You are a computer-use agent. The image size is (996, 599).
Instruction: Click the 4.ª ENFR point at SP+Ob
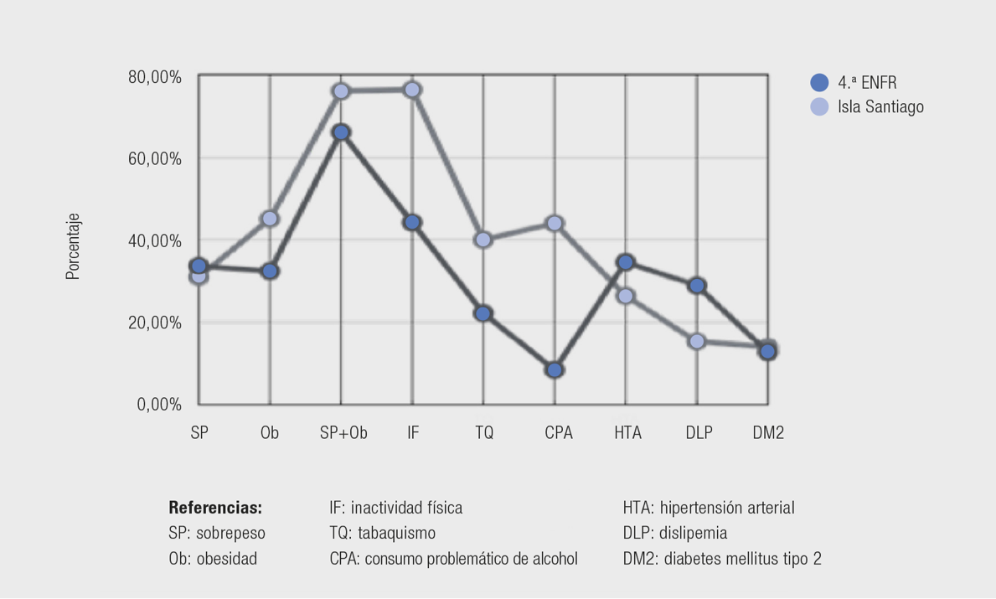tap(340, 132)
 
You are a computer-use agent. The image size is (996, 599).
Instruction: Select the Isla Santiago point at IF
tap(412, 90)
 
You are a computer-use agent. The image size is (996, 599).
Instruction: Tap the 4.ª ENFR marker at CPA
tap(555, 369)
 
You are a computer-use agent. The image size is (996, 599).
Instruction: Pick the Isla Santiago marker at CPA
tap(555, 223)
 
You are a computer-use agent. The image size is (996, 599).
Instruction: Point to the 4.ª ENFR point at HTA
tap(625, 262)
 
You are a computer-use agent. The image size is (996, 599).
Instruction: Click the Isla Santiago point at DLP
tap(696, 341)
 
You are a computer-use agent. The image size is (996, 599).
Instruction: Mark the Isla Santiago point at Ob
tap(270, 219)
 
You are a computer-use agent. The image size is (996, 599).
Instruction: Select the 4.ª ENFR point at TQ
tap(483, 313)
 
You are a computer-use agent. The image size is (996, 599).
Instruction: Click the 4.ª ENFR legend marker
tap(819, 83)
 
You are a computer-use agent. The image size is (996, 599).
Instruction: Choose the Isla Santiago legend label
tap(880, 107)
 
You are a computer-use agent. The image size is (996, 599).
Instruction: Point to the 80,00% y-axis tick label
tap(154, 77)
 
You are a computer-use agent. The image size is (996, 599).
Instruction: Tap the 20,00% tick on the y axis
tap(154, 323)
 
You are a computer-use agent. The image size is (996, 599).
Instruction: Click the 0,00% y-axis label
tap(159, 405)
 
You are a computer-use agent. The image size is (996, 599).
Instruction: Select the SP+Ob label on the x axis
tap(343, 433)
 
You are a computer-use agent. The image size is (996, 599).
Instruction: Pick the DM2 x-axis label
tap(767, 433)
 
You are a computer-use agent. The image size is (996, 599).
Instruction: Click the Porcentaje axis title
tap(74, 245)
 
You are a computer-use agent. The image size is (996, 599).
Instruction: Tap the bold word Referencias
tap(215, 508)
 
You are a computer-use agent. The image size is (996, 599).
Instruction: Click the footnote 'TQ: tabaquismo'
tap(382, 533)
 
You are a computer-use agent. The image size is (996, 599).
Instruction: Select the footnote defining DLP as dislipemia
tap(675, 533)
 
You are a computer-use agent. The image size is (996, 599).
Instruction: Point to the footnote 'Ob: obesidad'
tap(213, 558)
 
